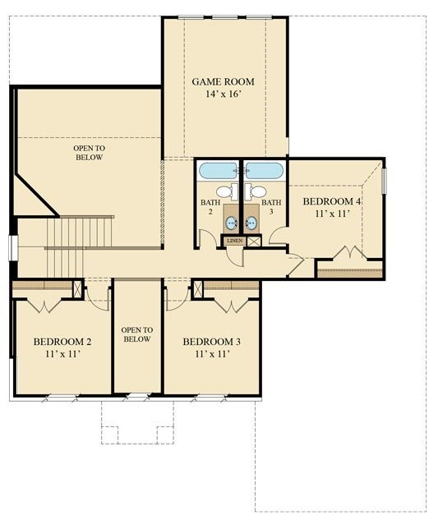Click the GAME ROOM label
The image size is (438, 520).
click(223, 81)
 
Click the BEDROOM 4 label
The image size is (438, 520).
click(332, 201)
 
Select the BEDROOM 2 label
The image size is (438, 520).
click(62, 341)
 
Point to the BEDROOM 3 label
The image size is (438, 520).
click(211, 341)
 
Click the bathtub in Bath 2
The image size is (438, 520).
click(218, 171)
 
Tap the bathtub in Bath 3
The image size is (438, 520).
click(264, 171)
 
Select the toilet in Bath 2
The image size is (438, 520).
click(234, 192)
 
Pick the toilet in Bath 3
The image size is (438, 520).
click(257, 192)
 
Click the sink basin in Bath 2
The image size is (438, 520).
click(232, 222)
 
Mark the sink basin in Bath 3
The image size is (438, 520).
click(251, 222)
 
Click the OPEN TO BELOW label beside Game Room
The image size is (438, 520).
click(89, 152)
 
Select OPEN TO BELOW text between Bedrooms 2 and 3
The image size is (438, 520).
click(136, 334)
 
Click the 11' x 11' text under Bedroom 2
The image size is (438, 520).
click(62, 355)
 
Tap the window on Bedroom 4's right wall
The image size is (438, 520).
click(384, 181)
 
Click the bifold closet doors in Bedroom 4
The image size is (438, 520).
click(349, 254)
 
